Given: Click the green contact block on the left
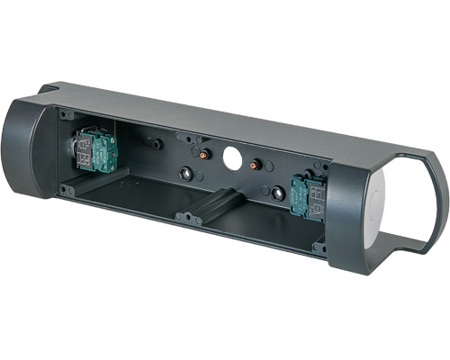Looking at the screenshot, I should coord(96,151).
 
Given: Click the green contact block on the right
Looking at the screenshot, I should coord(308,193).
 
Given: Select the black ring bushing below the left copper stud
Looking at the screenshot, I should coord(186,174).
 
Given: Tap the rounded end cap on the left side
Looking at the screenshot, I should coord(27,153).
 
